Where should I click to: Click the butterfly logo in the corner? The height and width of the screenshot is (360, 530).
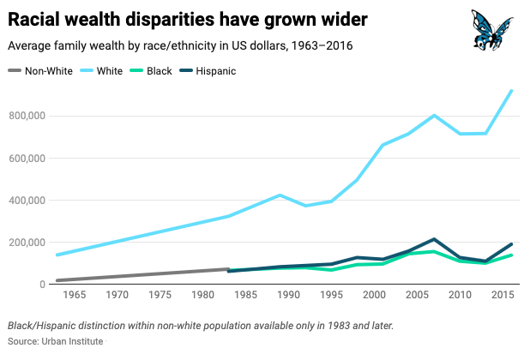point(492,29)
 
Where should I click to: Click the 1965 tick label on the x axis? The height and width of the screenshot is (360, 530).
point(74,296)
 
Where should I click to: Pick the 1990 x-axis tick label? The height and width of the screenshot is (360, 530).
point(287,296)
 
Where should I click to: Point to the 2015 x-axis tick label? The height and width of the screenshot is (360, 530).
point(503,296)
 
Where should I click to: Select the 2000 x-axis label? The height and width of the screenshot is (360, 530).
point(374,296)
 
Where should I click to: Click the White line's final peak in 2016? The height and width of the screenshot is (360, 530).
point(512,91)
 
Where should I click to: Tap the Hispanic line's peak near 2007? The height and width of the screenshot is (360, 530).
point(435,239)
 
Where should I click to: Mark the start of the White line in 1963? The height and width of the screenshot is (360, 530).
point(57,255)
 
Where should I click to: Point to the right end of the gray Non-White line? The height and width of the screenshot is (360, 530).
point(228,269)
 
